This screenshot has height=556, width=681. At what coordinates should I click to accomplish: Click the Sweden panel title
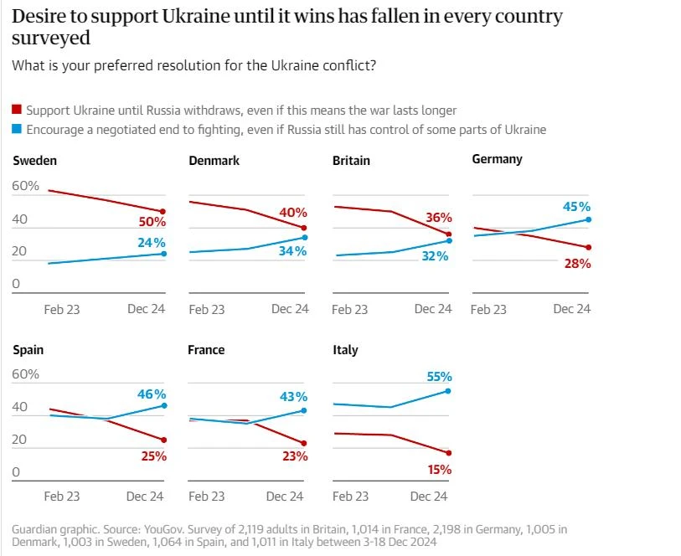pos(35,161)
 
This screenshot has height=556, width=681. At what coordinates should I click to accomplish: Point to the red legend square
pos(17,111)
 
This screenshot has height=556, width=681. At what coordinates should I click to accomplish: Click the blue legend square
pos(17,130)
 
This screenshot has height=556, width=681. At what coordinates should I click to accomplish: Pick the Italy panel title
pos(345,350)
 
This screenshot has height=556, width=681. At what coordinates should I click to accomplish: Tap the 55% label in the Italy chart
pos(439,378)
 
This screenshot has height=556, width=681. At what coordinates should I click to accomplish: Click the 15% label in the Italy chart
pos(440,470)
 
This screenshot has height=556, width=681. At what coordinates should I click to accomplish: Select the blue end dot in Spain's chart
pos(163,405)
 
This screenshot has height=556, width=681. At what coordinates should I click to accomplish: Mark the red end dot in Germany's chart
pos(589,247)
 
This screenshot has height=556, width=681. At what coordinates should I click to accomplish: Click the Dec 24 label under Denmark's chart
pos(290,309)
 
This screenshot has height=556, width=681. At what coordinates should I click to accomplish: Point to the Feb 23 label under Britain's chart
pos(349,310)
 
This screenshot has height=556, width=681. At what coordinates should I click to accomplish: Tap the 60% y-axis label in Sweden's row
pos(26,186)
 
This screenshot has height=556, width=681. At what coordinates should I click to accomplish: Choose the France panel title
pos(206,350)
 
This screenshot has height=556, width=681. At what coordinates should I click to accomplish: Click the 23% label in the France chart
pos(296,456)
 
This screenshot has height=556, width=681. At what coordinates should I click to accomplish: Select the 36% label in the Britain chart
pos(438,218)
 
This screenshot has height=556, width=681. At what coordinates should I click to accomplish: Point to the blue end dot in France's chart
pos(303,410)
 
